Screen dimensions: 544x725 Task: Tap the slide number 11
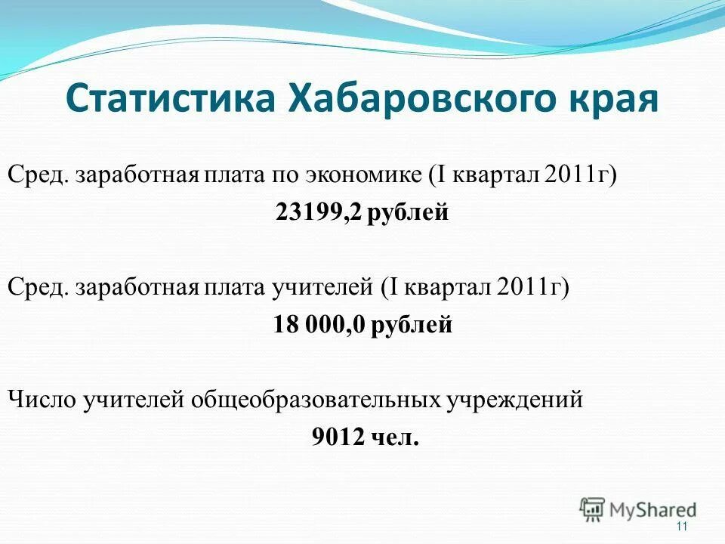pyautogui.click(x=683, y=527)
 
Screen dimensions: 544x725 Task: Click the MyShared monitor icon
pyautogui.click(x=593, y=509)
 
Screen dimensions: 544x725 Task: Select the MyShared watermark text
pyautogui.click(x=653, y=510)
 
